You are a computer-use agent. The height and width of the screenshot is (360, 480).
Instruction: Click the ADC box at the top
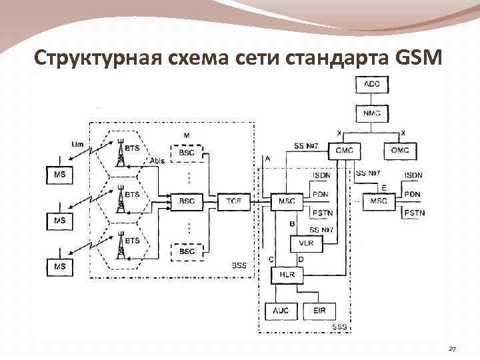tap(372, 85)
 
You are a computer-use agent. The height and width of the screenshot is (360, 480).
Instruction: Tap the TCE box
tap(233, 200)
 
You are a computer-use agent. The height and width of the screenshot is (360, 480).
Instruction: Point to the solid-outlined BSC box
tap(187, 200)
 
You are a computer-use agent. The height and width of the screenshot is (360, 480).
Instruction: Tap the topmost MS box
tap(59, 175)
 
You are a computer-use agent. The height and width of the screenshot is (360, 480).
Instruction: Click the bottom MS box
tap(59, 266)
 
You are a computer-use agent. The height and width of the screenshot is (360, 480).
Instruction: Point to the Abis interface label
tap(157, 161)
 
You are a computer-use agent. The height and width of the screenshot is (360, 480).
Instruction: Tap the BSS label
tap(239, 265)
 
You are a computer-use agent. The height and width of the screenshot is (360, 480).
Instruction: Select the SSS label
tap(339, 327)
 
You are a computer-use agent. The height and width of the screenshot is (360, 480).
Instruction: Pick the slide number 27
tap(453, 349)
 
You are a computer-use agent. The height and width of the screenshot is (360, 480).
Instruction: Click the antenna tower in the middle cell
tap(121, 200)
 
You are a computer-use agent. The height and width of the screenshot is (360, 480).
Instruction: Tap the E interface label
tap(384, 188)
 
